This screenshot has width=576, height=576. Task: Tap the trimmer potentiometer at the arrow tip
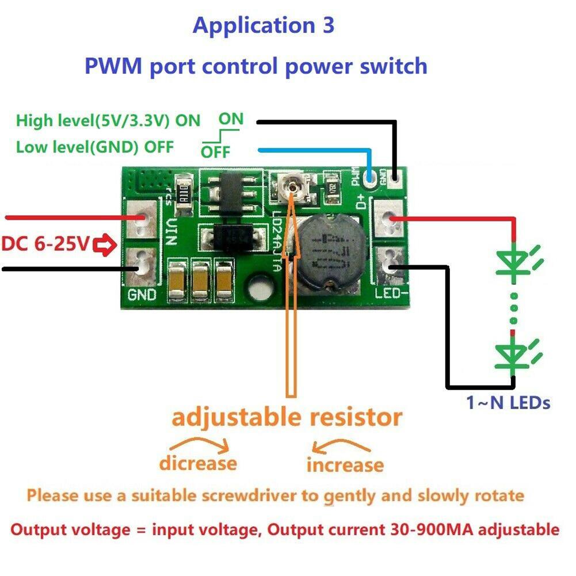[295, 186]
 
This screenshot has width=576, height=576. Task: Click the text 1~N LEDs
[508, 403]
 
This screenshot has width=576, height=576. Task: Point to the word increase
[345, 464]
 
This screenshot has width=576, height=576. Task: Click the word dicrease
[198, 463]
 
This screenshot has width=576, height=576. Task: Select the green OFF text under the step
[215, 152]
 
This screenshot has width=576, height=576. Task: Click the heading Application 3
[263, 25]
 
